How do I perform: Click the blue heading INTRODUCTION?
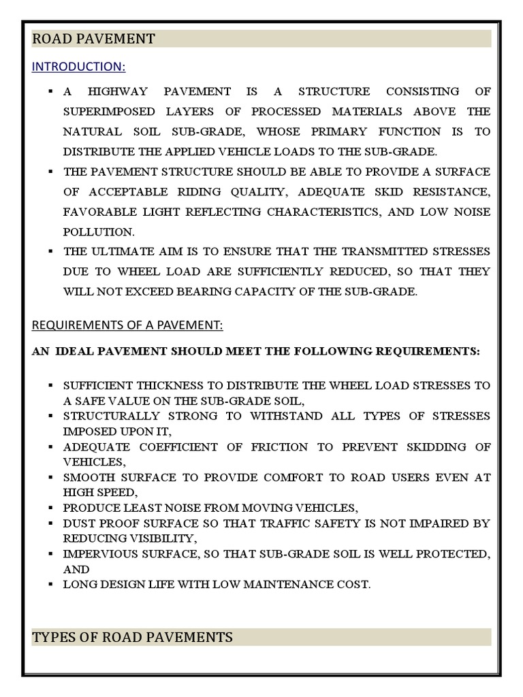click(x=78, y=67)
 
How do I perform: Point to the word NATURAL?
click(x=93, y=131)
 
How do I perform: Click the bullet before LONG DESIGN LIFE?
click(x=50, y=584)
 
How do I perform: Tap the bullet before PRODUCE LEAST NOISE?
click(x=50, y=507)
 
